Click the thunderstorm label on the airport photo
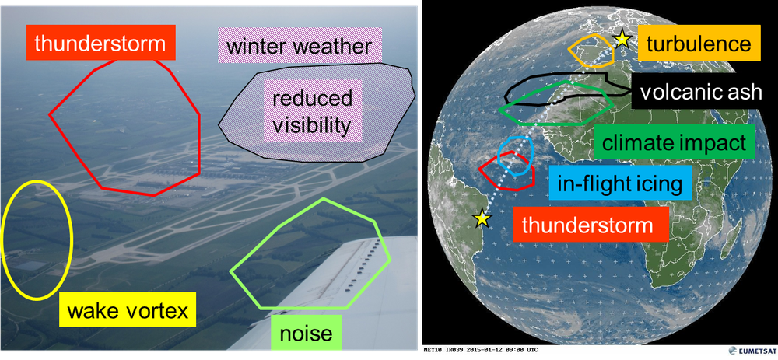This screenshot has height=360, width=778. [x=100, y=43]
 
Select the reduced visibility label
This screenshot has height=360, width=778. [x=313, y=111]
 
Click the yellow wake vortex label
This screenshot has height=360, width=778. [x=128, y=310]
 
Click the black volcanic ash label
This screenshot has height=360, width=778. [x=700, y=92]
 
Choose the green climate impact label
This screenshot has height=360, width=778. [x=674, y=143]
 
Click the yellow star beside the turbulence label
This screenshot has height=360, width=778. [x=621, y=39]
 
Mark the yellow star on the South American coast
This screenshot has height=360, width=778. [x=482, y=218]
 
